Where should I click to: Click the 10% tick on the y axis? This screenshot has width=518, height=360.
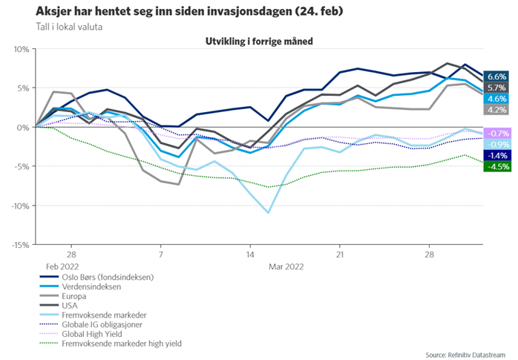click(x=20, y=49)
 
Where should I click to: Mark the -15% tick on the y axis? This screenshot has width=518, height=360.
click(x=19, y=244)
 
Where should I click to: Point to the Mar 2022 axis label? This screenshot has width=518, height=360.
click(x=286, y=265)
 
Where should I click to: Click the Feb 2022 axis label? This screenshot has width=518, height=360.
click(x=62, y=265)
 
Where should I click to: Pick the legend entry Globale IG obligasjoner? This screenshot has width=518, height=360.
click(x=111, y=324)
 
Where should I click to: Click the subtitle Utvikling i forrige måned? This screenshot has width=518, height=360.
click(x=258, y=41)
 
